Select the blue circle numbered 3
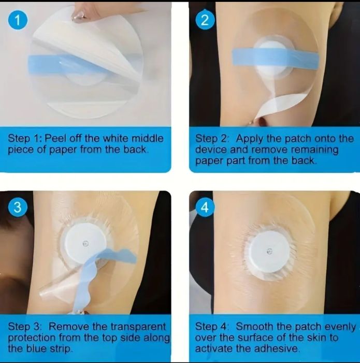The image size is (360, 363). click(x=18, y=207)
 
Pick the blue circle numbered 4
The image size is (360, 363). click(x=205, y=207)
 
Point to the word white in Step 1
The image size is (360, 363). click(x=116, y=138)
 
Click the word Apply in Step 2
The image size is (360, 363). click(x=250, y=139)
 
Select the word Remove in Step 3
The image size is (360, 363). click(x=69, y=327)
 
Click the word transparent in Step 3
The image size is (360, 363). click(x=138, y=327)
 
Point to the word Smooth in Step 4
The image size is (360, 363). click(x=254, y=327)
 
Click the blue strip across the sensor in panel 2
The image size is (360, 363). click(x=275, y=58)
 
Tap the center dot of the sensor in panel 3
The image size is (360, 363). click(x=85, y=243)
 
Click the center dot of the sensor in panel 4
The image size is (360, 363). click(x=269, y=252)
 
